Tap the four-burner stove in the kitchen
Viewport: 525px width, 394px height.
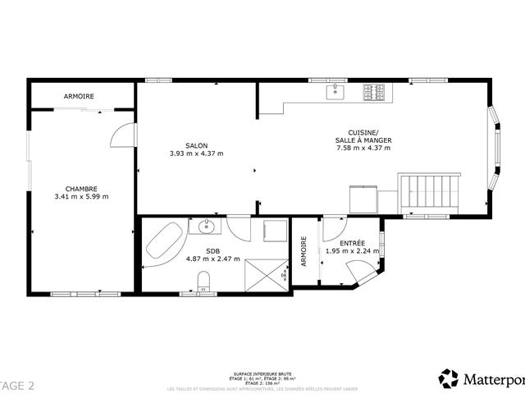click(x=375, y=91)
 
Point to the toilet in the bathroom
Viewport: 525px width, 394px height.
click(x=204, y=282)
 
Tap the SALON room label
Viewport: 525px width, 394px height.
click(x=196, y=145)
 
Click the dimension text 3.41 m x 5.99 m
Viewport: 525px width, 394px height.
click(x=81, y=196)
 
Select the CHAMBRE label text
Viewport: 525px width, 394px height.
click(x=81, y=188)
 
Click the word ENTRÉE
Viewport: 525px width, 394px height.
click(x=352, y=243)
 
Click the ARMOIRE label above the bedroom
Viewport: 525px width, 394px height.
click(x=79, y=96)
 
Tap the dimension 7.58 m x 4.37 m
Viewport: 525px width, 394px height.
click(x=363, y=148)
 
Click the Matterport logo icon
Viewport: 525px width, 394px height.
click(x=449, y=378)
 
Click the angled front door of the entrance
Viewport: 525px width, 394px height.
click(x=358, y=272)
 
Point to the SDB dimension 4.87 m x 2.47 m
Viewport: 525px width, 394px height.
click(x=212, y=259)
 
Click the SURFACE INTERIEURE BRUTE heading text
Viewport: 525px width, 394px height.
click(x=262, y=373)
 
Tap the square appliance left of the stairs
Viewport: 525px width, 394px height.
click(x=362, y=199)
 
